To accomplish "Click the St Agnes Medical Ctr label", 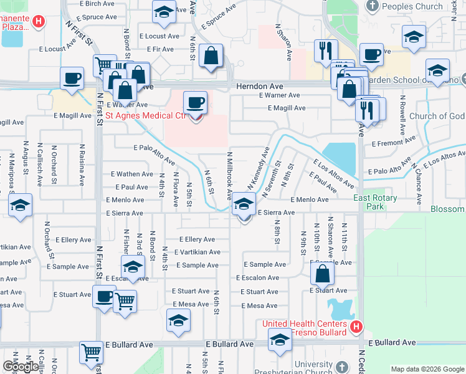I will coord(146,115).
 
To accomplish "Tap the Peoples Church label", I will coord(412,6).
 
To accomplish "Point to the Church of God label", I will coord(437,116).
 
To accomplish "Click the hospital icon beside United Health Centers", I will coord(356,326).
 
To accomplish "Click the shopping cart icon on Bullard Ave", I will coord(92,353).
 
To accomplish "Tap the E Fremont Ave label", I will coord(392,143).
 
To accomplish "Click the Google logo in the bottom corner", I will coord(21,367).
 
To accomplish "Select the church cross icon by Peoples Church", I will coord(373,7).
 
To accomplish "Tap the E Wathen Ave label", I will coord(131,174).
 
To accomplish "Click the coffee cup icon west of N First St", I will coord(72,79).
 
